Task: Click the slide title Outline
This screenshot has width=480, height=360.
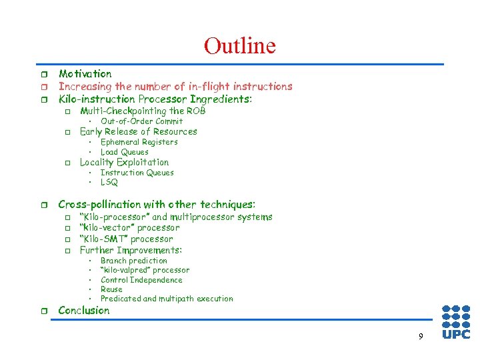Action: coord(239,46)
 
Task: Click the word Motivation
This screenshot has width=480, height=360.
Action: coord(85,74)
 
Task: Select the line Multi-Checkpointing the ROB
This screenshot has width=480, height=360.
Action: coord(143,111)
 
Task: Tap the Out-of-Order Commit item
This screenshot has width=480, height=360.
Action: coord(141,121)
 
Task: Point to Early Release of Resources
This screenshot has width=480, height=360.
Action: coord(138,131)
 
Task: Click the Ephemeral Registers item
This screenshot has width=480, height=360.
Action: coord(139,142)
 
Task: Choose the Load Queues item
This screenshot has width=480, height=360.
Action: coord(124,152)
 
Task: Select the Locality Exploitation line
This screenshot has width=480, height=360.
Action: coord(124,162)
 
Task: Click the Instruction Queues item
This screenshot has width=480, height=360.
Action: coord(137,173)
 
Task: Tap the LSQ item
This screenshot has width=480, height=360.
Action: coord(109,182)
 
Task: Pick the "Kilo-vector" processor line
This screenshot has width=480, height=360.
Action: coord(129,227)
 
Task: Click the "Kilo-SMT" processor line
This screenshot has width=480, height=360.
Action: coord(126,239)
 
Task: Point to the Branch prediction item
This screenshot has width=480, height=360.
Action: coord(133,261)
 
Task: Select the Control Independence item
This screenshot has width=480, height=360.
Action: coord(141,280)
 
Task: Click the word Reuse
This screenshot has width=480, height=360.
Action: coord(111,289)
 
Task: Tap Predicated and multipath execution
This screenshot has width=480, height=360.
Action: coord(167,299)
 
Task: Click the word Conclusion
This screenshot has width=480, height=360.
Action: coord(84,310)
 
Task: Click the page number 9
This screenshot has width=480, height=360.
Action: coord(420,337)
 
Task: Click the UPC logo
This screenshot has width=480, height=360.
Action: coord(456,322)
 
